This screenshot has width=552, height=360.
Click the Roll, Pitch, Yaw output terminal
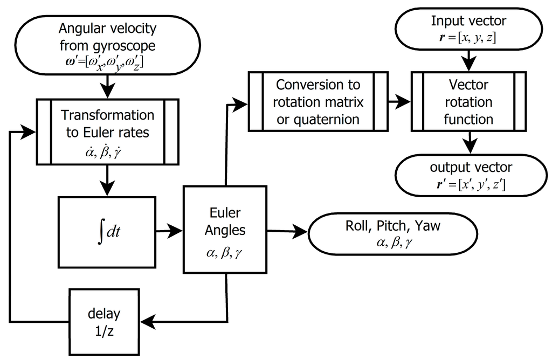[x=392, y=233]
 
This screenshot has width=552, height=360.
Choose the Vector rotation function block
[x=468, y=102]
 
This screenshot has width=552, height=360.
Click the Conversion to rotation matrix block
[x=318, y=102]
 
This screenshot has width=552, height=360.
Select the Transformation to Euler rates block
[x=107, y=131]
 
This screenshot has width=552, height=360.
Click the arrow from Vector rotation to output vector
[x=468, y=143]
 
